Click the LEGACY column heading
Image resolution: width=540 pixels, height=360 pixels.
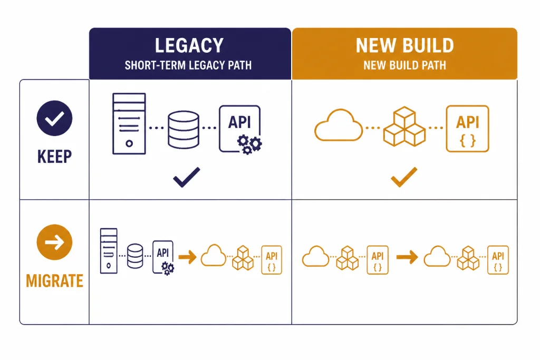pos(189,45)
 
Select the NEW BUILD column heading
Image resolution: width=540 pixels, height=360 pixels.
pos(404,45)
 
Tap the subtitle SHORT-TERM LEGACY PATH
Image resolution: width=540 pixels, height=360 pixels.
pos(188,65)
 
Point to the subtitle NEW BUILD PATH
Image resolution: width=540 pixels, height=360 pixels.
pos(404,65)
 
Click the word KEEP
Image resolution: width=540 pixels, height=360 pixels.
pos(54,157)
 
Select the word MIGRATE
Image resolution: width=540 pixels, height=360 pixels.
pos(54,281)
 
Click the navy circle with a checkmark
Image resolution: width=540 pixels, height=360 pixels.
pos(54,118)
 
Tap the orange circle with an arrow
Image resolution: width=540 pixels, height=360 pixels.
pos(54,242)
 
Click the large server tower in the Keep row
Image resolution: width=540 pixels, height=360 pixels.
pos(129,123)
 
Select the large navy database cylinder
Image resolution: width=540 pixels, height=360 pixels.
pos(183,130)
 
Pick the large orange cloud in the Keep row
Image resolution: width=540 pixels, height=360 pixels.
pos(339,125)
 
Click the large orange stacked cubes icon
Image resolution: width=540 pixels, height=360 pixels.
pos(404,127)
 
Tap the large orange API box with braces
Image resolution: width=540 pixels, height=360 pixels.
pos(467,129)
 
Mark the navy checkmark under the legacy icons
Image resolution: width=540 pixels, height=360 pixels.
pos(186,177)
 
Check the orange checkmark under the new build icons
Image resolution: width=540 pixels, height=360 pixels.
pos(404,177)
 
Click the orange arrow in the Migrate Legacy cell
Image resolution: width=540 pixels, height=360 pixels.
pos(187,257)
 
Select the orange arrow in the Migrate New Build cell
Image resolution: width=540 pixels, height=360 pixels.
pos(407,257)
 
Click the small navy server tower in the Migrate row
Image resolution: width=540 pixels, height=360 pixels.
pos(109,251)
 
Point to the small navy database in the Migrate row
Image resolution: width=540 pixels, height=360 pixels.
pos(135,256)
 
